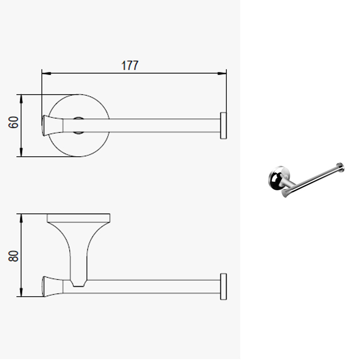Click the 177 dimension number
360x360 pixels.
coord(130,65)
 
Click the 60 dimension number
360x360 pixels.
coord(13,122)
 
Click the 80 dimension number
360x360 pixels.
coord(13,256)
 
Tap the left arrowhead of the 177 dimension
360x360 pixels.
coord(46,73)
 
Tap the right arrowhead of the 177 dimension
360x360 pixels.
coord(222,73)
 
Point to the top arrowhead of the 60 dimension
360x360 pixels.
coord(21,99)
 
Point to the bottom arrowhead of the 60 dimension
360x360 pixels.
coord(21,152)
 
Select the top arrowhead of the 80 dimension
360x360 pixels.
coord(21,218)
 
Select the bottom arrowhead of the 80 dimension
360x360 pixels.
coord(21,292)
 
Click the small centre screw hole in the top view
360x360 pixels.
coord(78,126)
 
